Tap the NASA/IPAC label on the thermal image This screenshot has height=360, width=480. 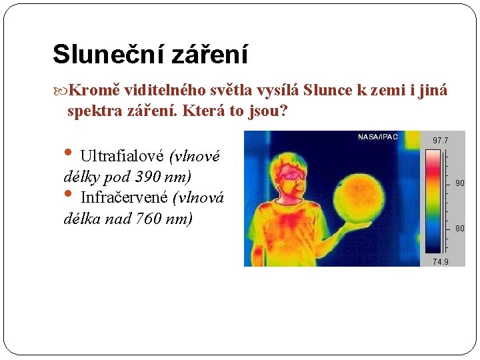[x=378, y=137]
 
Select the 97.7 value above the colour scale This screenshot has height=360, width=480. [x=441, y=141]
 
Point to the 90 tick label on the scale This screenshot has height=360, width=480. [x=459, y=183]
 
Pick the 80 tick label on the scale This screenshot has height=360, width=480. [x=459, y=229]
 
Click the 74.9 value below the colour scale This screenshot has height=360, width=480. [x=441, y=261]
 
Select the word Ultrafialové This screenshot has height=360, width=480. [x=122, y=157]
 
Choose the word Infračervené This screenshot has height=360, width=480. [x=124, y=197]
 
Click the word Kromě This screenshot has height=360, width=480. [x=91, y=90]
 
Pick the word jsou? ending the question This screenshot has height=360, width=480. [x=270, y=111]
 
